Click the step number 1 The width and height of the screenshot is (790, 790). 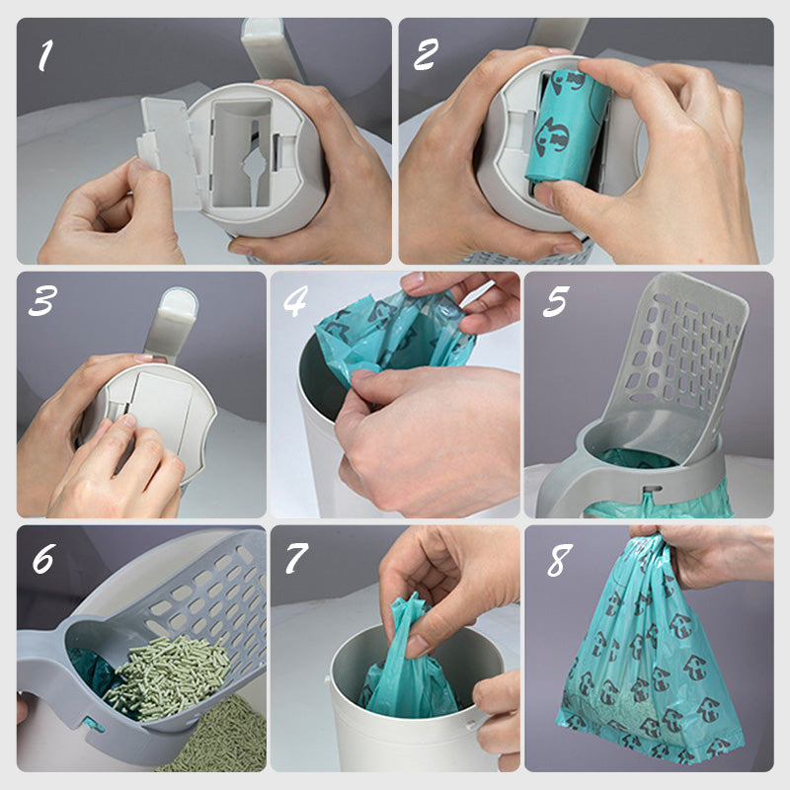coord(45,55)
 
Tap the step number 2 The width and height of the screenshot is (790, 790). coord(426,54)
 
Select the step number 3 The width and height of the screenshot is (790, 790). coord(42,301)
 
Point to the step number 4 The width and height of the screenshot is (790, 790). coord(295,301)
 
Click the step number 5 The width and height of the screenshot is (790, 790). coord(556,301)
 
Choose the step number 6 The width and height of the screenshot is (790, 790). coord(43,558)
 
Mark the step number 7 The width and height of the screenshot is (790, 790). coord(296,558)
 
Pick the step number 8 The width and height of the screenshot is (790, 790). coord(559,559)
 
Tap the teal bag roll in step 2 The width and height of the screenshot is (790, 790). coord(567,128)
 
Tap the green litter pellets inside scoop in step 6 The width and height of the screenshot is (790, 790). coord(166,675)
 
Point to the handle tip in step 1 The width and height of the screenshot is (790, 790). coord(263,32)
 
